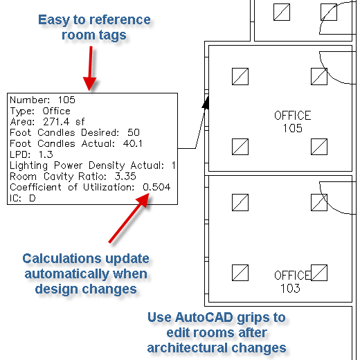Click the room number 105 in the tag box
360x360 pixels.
pyautogui.click(x=66, y=100)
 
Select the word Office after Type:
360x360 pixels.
pyautogui.click(x=57, y=111)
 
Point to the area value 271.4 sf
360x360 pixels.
pyautogui.click(x=64, y=122)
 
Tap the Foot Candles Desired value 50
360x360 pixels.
pyautogui.click(x=134, y=132)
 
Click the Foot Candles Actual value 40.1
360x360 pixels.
pyautogui.click(x=133, y=143)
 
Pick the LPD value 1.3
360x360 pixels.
pyautogui.click(x=46, y=154)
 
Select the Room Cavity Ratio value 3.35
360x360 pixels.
pyautogui.click(x=125, y=177)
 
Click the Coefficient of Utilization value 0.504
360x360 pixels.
pyautogui.click(x=156, y=187)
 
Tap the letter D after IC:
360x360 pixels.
pyautogui.click(x=33, y=198)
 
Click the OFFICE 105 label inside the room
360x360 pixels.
pyautogui.click(x=293, y=122)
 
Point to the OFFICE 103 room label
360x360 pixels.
pyautogui.click(x=292, y=282)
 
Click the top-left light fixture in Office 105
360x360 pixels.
pyautogui.click(x=240, y=76)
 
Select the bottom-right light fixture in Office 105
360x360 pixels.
pyautogui.click(x=319, y=147)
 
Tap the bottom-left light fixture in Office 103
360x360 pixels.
pyautogui.click(x=240, y=273)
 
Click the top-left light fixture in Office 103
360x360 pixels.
pyautogui.click(x=240, y=202)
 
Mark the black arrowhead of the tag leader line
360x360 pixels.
pyautogui.click(x=206, y=102)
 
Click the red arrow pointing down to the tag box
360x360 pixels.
pyautogui.click(x=90, y=69)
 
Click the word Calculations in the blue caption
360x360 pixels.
pyautogui.click(x=62, y=258)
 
